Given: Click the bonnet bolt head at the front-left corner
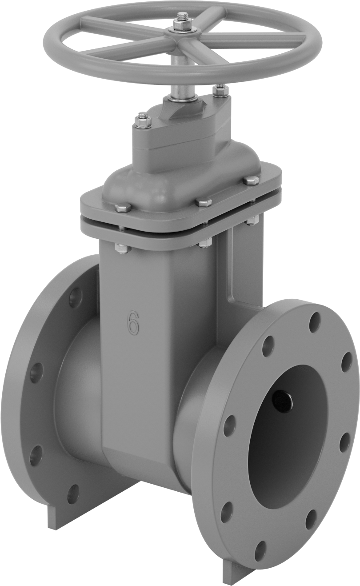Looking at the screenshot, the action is coord(123,208).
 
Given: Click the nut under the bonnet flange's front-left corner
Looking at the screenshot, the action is coord(123,248).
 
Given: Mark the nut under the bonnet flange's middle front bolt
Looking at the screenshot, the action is coord(205,242).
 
